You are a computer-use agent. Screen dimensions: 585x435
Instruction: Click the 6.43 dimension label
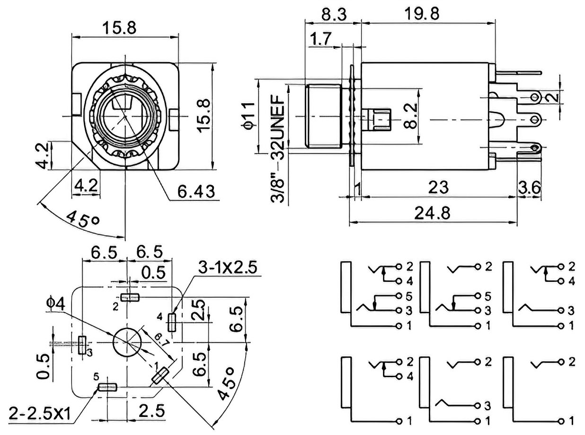click(195, 191)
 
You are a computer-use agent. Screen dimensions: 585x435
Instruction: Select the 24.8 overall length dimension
click(432, 213)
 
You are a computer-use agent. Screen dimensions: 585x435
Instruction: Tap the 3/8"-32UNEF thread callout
click(278, 149)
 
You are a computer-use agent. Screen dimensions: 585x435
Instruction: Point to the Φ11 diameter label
click(248, 116)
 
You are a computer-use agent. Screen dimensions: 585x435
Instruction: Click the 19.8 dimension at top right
click(422, 13)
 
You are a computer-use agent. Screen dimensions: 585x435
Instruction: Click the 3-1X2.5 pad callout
click(227, 267)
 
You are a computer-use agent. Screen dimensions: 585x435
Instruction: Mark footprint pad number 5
click(107, 388)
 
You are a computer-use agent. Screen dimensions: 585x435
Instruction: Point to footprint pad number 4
click(172, 322)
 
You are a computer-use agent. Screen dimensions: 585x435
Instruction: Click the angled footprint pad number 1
click(160, 376)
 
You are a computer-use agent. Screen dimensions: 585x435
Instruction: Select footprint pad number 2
click(130, 298)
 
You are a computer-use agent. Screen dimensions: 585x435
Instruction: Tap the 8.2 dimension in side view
click(410, 116)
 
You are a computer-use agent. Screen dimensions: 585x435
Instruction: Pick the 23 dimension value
click(438, 187)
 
